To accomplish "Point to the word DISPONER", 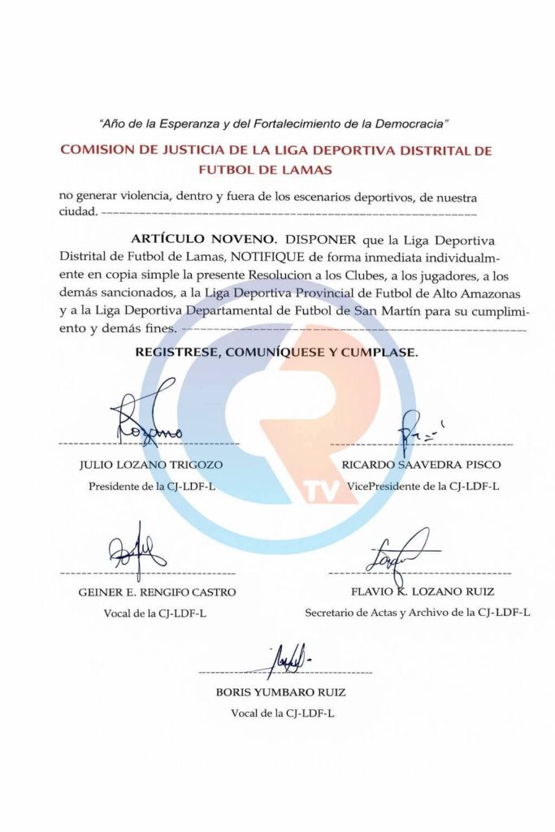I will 323,240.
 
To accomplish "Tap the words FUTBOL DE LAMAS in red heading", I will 264,170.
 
